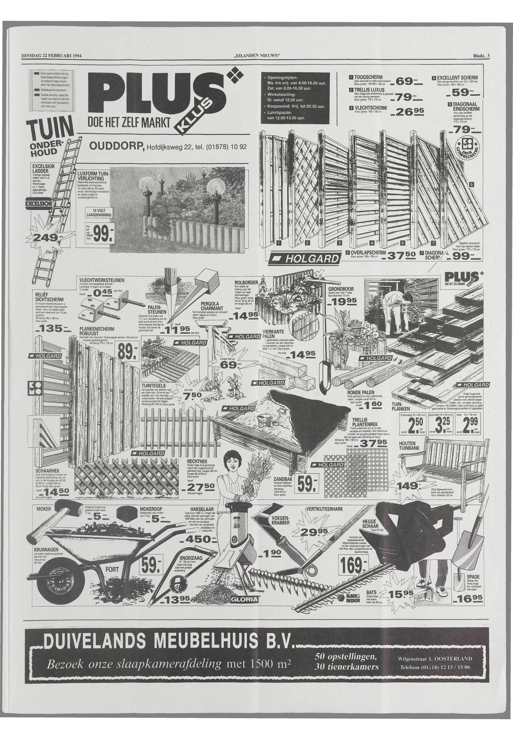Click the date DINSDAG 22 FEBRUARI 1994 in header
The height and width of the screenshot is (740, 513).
51,56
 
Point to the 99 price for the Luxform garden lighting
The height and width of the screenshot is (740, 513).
101,237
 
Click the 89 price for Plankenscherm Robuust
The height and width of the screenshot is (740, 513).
128,352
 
